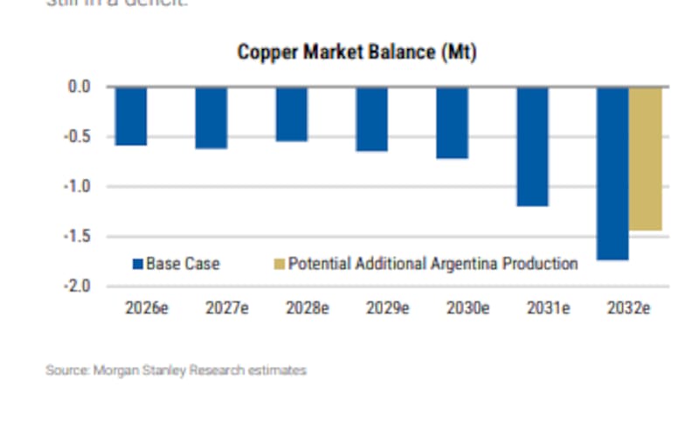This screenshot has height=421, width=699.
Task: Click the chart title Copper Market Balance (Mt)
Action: [356, 52]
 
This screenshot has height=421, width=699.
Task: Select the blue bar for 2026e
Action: [131, 115]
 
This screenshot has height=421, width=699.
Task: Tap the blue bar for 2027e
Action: [211, 117]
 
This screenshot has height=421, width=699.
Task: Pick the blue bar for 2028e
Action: [292, 114]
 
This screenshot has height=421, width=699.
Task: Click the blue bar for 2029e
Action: [372, 119]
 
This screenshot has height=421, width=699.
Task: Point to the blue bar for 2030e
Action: [453, 122]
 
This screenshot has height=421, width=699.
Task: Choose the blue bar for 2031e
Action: [533, 146]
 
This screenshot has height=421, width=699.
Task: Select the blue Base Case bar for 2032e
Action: [612, 173]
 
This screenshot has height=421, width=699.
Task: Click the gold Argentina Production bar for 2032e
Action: [646, 158]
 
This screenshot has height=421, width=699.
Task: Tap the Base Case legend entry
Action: [176, 263]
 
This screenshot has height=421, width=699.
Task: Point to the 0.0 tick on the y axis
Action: [80, 86]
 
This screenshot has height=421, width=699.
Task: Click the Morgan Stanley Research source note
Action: [176, 370]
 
